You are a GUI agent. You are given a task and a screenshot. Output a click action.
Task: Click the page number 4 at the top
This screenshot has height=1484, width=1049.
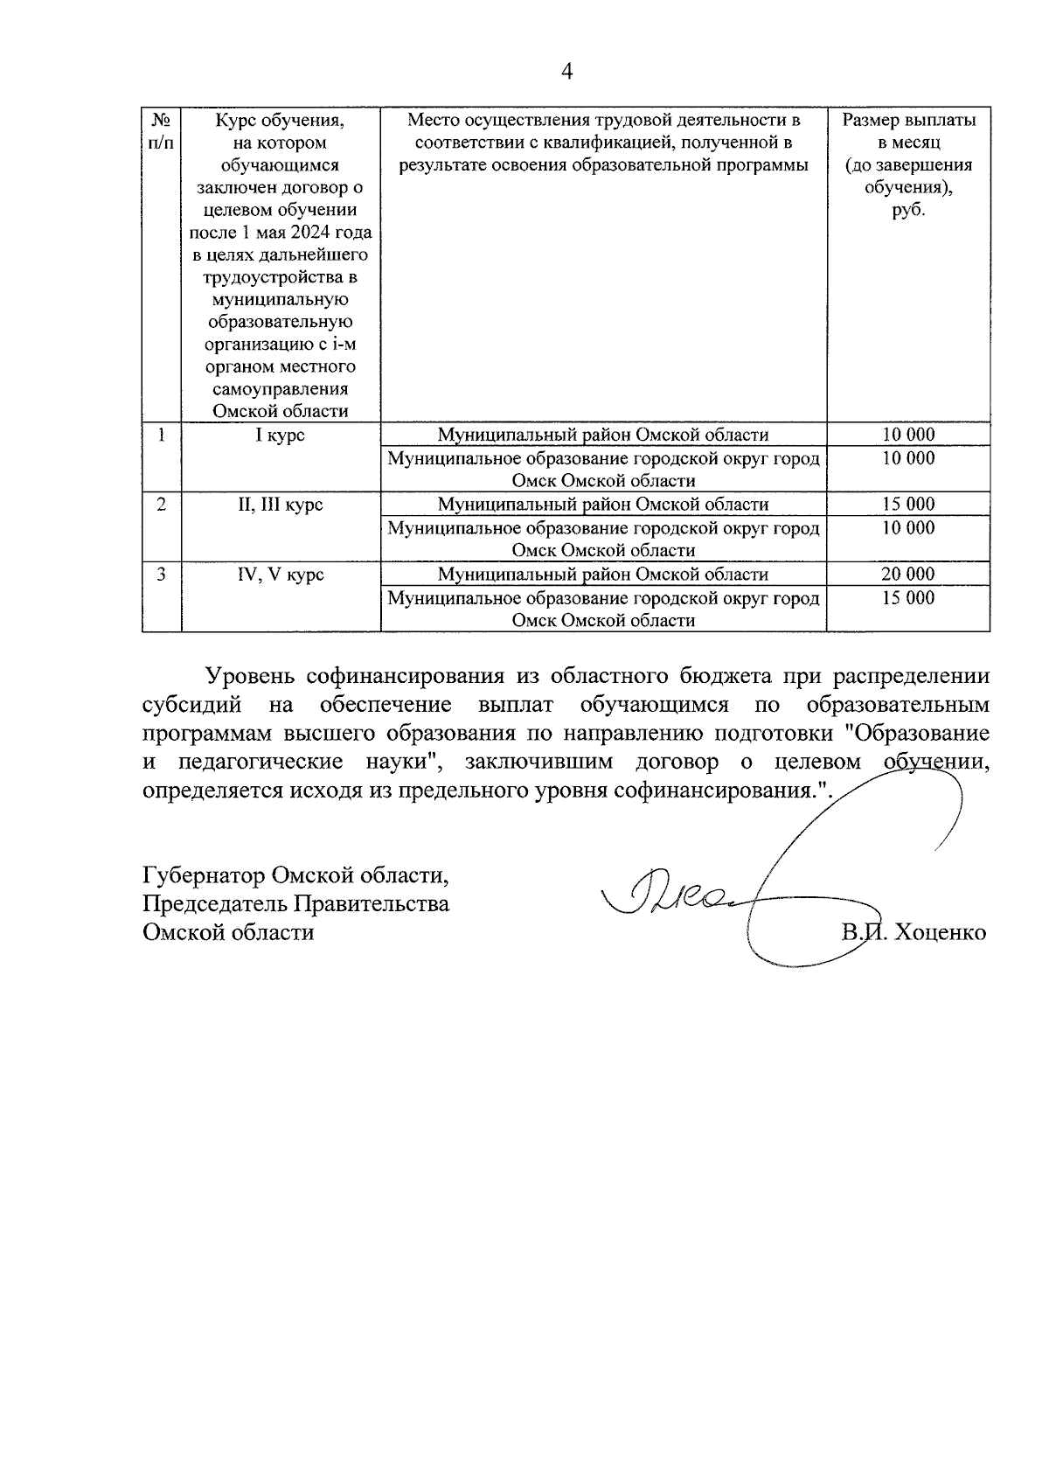coord(566,72)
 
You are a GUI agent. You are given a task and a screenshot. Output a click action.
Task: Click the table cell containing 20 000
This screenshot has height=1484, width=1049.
coord(908,575)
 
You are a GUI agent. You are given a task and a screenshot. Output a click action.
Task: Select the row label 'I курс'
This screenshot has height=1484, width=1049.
coord(281,435)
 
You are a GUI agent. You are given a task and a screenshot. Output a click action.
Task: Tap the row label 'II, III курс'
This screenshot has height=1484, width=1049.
coord(281,505)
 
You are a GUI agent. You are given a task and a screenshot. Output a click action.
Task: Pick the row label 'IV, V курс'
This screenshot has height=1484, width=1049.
coord(281,575)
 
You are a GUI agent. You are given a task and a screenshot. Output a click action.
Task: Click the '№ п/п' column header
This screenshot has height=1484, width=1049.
coord(162,130)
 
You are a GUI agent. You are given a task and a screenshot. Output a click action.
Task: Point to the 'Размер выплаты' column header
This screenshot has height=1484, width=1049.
coord(908,120)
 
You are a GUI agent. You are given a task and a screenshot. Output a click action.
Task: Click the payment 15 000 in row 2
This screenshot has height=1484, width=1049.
coord(908,505)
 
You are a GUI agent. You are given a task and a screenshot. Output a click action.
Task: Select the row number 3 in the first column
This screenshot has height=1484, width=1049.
coord(162,575)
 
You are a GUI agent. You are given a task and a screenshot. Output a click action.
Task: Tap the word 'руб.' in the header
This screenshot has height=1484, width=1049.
coord(908,210)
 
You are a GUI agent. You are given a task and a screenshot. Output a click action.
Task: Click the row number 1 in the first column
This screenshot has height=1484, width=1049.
coord(162,435)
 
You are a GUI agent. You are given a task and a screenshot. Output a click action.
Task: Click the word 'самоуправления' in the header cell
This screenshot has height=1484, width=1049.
coord(281,389)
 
